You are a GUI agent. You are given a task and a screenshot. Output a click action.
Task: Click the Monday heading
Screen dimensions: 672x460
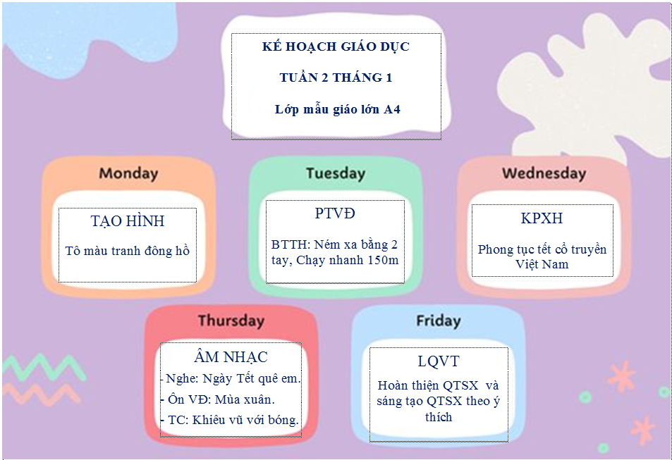point(128,173)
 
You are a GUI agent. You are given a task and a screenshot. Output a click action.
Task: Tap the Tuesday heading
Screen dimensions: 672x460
point(336,173)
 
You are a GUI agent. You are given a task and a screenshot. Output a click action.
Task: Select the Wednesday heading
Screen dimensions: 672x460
point(544,173)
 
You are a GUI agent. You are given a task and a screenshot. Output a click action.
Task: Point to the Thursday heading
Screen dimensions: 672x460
point(231,321)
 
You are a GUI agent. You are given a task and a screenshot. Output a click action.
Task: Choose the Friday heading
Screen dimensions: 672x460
point(439,321)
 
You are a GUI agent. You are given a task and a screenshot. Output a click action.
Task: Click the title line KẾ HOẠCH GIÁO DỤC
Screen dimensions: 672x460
point(336,46)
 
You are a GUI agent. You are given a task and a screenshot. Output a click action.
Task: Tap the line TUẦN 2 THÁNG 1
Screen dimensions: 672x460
point(336,77)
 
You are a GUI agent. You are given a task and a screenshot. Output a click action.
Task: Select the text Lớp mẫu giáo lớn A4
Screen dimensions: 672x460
point(338,110)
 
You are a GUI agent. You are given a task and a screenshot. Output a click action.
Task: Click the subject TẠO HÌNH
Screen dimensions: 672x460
point(128,221)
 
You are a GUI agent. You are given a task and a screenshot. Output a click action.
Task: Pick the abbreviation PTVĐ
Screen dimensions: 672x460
point(335,213)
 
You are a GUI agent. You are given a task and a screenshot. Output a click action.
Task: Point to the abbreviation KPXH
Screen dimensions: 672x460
point(542,218)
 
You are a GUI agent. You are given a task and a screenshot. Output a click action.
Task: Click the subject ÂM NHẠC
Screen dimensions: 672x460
point(231,356)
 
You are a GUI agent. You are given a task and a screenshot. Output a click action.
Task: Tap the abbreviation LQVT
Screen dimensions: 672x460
point(439,361)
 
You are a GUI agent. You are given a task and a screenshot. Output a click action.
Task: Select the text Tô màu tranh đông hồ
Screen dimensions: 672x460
point(128,251)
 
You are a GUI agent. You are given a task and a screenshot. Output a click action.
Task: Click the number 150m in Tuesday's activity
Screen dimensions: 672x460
point(384,260)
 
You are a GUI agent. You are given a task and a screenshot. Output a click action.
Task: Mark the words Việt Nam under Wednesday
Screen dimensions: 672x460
point(542,264)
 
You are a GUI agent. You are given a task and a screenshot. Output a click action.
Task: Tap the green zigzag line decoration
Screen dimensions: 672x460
point(43,368)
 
